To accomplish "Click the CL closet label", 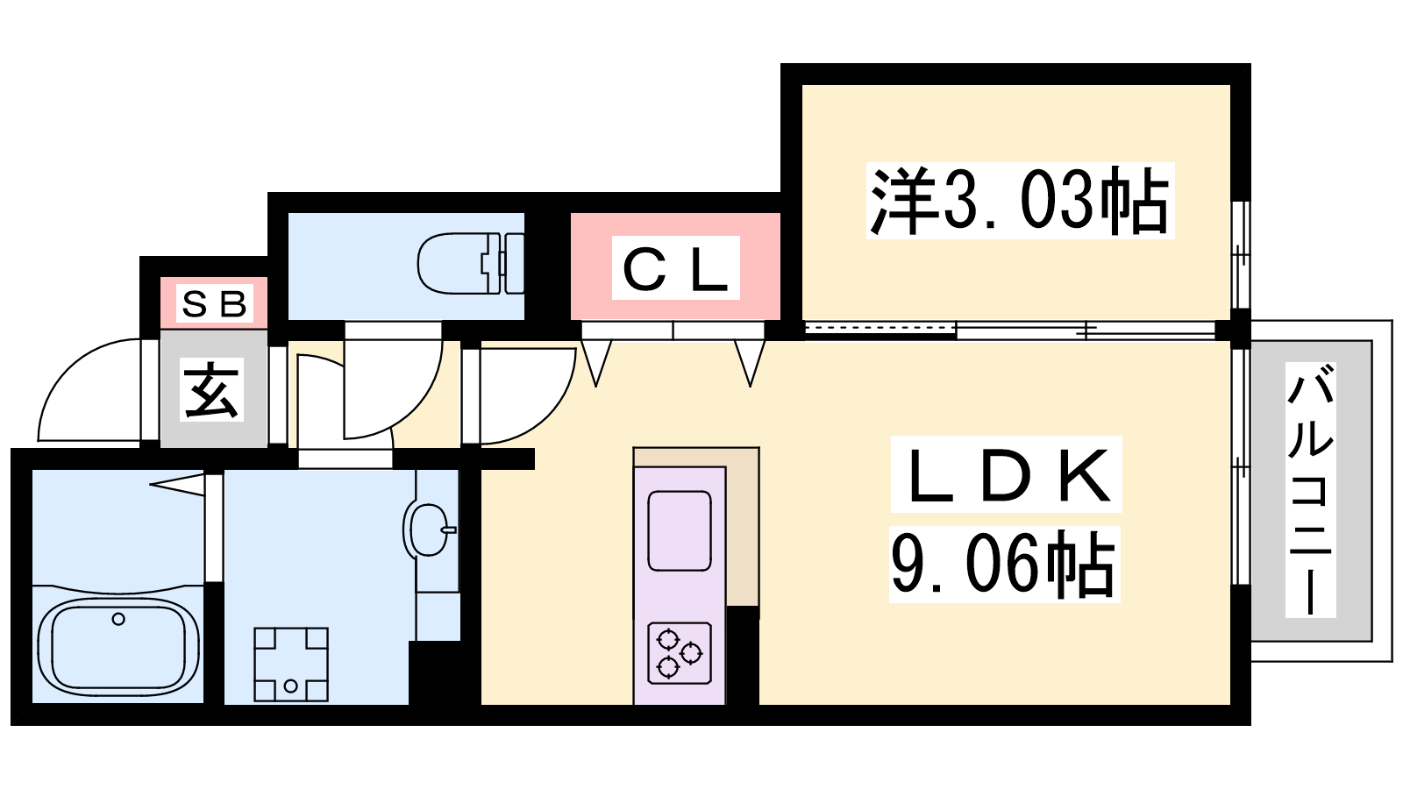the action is click(x=676, y=268).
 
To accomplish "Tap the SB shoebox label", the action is click(x=214, y=304).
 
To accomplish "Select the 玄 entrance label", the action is click(x=211, y=389).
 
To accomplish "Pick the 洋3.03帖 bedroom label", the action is click(x=1020, y=201).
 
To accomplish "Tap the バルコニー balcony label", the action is click(x=1310, y=490).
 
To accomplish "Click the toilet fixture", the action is click(x=471, y=263).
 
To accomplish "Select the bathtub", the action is click(x=118, y=647).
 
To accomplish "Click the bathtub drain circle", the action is click(x=118, y=619).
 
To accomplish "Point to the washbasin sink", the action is click(x=429, y=530).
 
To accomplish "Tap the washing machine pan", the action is click(x=290, y=665).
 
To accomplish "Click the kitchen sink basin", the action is click(x=680, y=531).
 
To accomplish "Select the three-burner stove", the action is click(x=680, y=652).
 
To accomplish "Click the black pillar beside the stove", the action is click(x=742, y=655).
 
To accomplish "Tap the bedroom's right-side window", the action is click(x=1241, y=255).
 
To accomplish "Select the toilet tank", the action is click(x=514, y=263).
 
